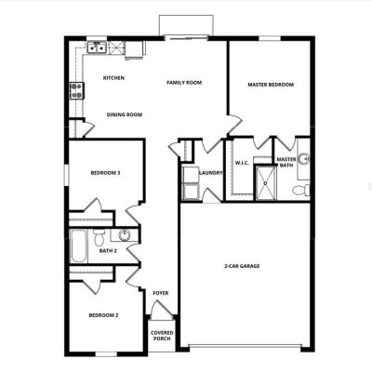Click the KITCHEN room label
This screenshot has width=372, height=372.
point(113,78)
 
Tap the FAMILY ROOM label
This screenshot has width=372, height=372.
point(184,83)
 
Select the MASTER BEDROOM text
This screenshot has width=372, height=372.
point(271,85)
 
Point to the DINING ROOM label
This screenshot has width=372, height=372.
point(125,114)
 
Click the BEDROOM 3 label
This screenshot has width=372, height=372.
point(105,173)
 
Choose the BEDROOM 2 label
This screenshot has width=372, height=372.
point(103,315)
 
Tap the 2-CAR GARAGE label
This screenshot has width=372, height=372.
point(242,266)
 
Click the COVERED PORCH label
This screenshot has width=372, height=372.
point(162,336)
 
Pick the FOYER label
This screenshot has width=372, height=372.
point(161,293)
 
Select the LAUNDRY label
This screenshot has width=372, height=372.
point(211,173)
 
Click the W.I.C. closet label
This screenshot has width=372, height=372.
point(242,163)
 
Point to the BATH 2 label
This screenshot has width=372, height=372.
point(108,250)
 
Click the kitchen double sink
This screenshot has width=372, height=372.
point(97,48)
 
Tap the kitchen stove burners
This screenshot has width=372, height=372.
point(76,90)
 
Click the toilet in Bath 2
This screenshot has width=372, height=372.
point(100,237)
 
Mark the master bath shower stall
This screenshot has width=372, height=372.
point(265,183)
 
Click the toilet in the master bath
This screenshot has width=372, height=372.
point(301,190)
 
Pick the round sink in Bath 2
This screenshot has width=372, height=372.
point(126,234)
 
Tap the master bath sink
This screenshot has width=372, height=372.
point(304,159)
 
